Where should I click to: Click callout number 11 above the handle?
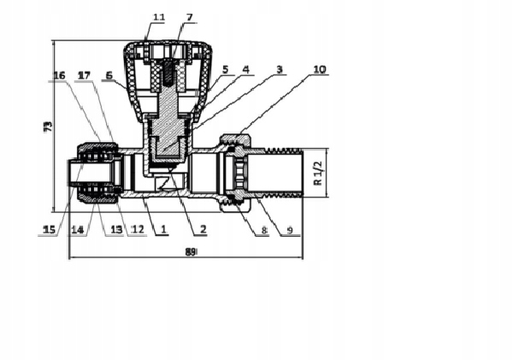click(159, 17)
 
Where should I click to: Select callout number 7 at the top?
click(189, 17)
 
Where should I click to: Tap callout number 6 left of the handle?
click(109, 75)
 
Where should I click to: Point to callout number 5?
click(226, 69)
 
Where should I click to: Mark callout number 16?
click(59, 76)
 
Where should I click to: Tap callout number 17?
click(83, 76)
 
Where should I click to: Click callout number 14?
click(77, 228)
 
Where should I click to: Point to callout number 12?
click(138, 228)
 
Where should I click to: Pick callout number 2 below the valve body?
click(203, 228)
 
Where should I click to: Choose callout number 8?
click(264, 229)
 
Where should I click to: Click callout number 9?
click(289, 229)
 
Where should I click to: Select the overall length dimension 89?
click(191, 252)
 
